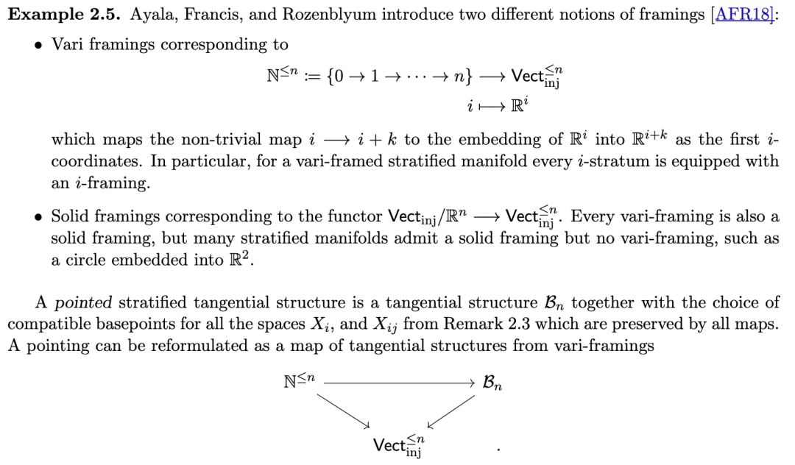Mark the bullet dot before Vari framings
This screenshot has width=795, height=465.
38,46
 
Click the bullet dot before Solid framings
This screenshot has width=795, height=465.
38,218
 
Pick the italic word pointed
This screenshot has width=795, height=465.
83,302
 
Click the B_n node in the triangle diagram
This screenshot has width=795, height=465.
492,383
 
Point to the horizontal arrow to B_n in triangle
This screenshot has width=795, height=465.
397,383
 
